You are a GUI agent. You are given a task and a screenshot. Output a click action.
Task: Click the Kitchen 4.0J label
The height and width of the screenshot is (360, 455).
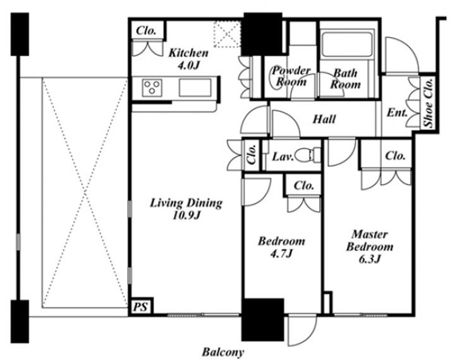[188, 59]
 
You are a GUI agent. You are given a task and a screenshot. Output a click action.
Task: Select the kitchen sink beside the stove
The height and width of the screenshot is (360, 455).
[195, 87]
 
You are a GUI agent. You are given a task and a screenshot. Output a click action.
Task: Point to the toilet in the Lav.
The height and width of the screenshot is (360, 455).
[310, 155]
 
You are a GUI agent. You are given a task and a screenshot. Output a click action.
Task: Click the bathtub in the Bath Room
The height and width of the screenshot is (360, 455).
[347, 44]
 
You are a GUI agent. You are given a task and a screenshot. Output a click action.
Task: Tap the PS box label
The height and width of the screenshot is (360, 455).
[140, 307]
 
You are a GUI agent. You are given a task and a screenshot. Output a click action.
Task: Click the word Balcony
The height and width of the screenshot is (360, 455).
[223, 352]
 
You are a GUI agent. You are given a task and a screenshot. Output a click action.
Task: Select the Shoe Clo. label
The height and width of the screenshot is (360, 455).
[428, 103]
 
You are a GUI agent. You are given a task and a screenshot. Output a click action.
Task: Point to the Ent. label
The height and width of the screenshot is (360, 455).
[397, 112]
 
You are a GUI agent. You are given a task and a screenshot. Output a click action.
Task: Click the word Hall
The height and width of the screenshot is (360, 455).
[324, 119]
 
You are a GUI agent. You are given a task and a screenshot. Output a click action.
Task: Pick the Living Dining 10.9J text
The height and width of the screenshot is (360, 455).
[186, 209]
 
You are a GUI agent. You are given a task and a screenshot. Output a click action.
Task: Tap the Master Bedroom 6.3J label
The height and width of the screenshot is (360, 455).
[370, 246]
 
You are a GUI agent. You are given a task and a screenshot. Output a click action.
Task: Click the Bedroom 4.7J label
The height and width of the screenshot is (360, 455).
[281, 247]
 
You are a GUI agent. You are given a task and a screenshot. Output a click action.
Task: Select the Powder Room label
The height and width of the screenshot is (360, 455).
[291, 76]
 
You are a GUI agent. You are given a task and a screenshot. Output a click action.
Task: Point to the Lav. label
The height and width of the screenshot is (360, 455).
[283, 157]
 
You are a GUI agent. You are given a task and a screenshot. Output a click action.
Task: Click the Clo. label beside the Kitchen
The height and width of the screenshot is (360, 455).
[146, 30]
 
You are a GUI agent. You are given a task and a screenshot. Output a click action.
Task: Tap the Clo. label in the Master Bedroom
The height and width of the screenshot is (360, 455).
[395, 156]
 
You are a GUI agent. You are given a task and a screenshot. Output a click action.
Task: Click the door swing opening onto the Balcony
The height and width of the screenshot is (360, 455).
[302, 330]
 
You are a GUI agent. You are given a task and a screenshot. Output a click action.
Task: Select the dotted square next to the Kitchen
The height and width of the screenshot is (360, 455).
[227, 34]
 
